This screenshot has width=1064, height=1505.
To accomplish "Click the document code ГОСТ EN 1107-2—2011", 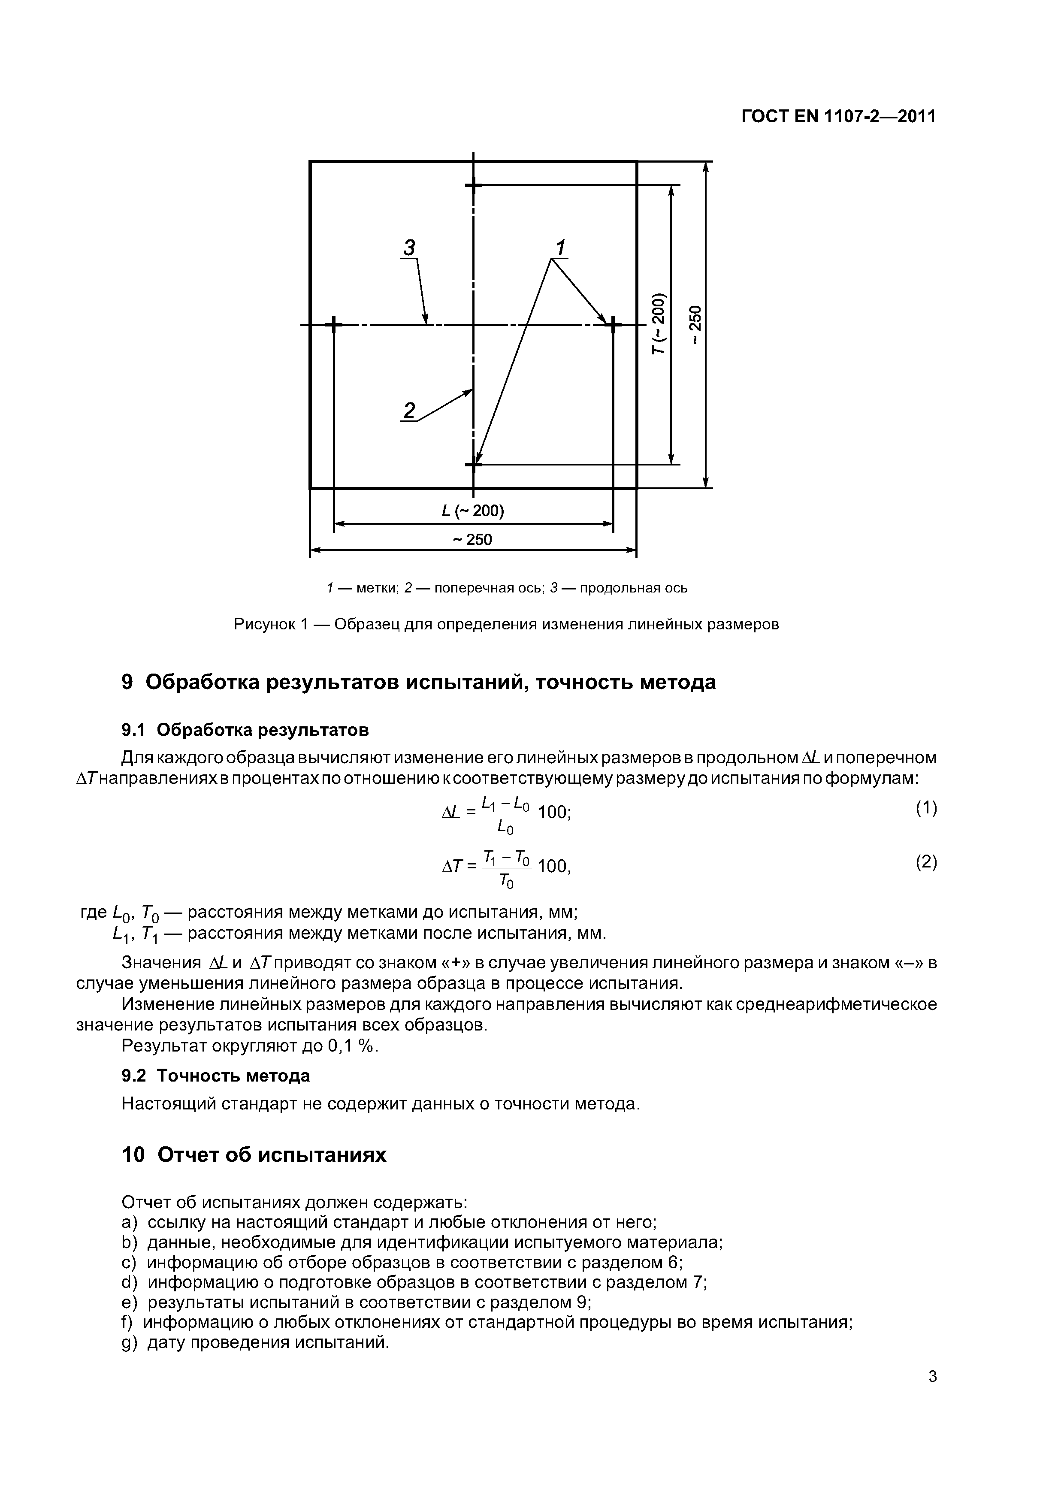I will (x=838, y=117).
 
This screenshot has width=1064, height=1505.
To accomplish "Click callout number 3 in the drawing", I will (x=409, y=248).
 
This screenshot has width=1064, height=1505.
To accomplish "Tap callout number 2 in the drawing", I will (x=409, y=411).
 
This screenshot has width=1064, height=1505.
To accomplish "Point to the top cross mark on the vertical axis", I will (x=473, y=185).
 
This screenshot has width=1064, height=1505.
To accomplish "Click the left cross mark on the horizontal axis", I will (x=334, y=324).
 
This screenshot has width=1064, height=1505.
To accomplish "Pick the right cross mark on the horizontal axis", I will (x=613, y=324).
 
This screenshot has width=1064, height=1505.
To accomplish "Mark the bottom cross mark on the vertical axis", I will (x=473, y=464).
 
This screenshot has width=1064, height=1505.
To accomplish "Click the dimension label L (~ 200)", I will (x=473, y=511).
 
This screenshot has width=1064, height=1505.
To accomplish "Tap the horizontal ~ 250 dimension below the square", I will (x=473, y=539).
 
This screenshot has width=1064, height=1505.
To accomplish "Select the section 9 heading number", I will (x=128, y=683).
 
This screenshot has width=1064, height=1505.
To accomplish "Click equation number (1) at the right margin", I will (x=926, y=808).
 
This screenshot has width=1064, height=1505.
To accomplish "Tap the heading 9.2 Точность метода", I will (x=216, y=1076).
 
